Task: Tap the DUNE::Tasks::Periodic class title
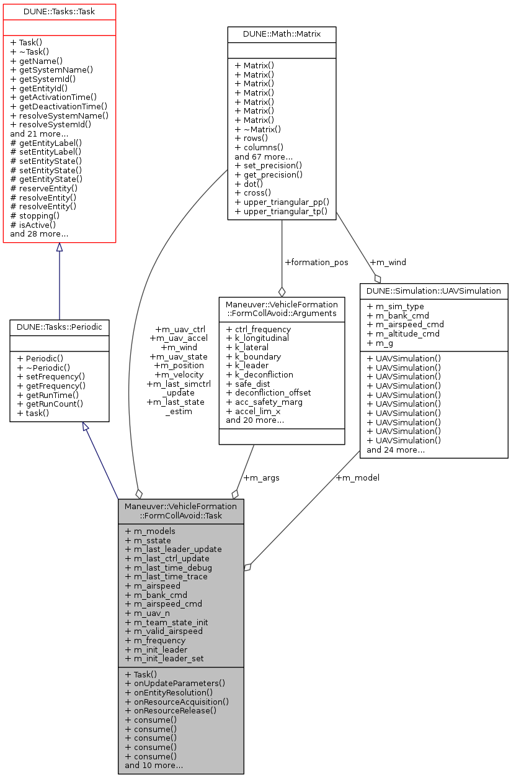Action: click(x=59, y=325)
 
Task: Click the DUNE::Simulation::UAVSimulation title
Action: click(x=433, y=290)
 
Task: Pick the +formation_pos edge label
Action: click(x=316, y=263)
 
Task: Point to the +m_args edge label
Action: click(x=261, y=477)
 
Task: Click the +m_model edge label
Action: click(x=357, y=477)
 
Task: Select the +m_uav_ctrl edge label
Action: click(x=180, y=329)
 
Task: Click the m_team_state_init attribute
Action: click(x=166, y=622)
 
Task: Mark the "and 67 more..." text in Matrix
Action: click(x=264, y=157)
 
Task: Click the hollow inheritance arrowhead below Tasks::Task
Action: click(x=59, y=247)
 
